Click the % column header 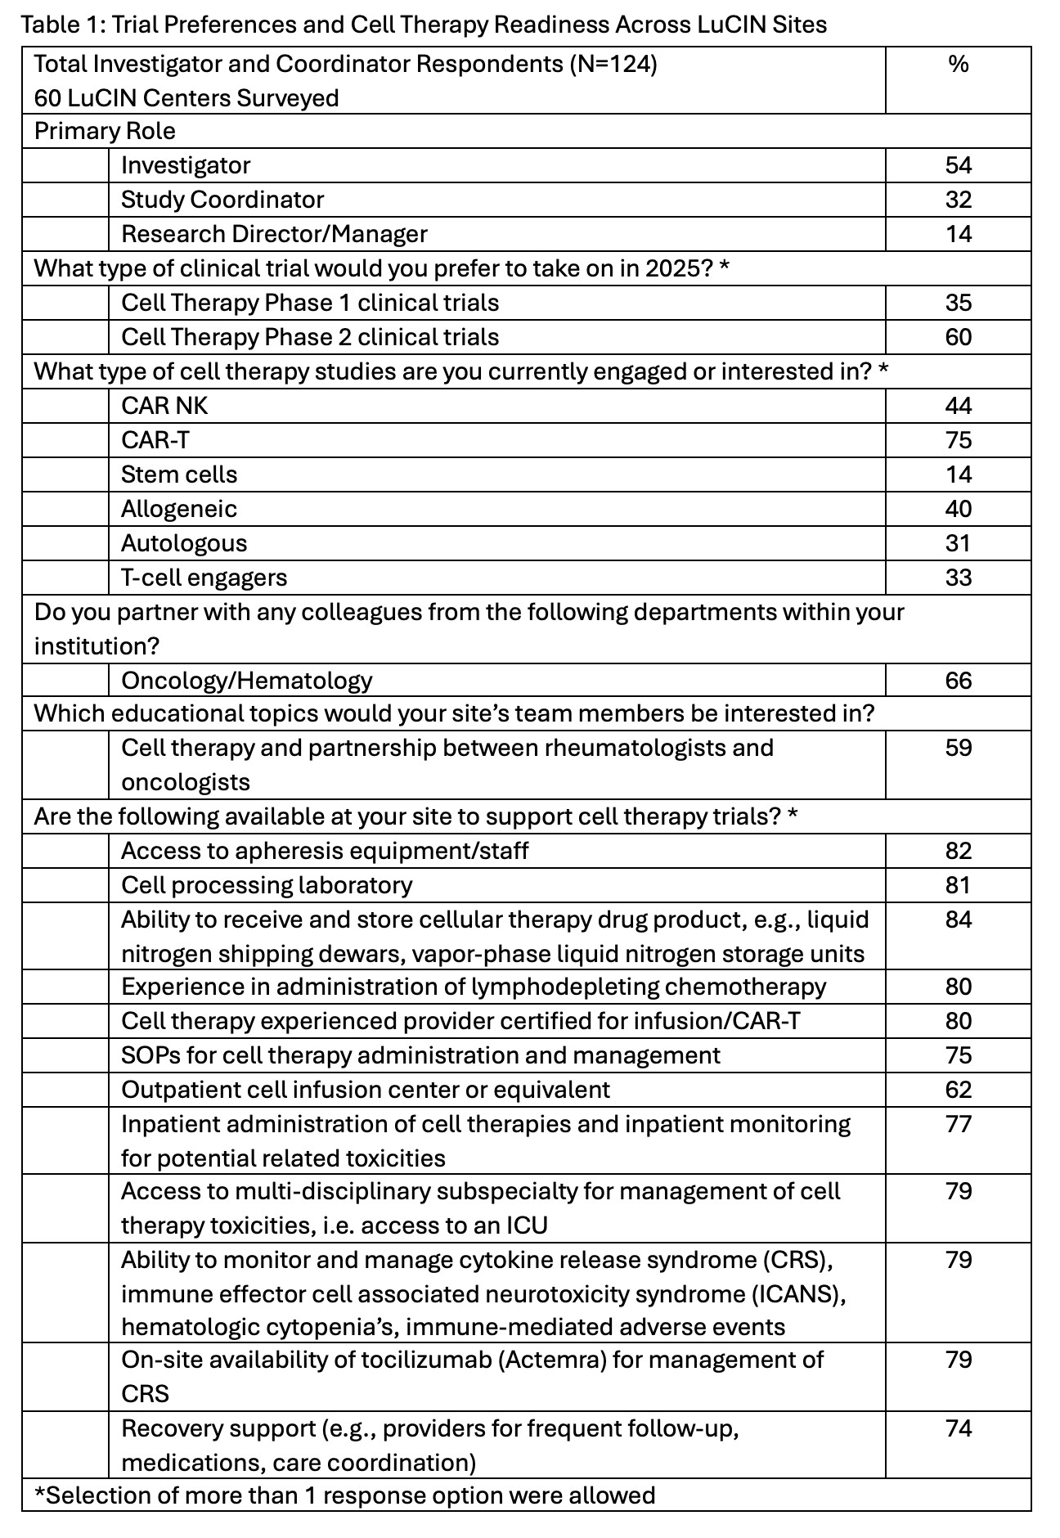point(958,64)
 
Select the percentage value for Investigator point(958,165)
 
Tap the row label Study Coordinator point(222,200)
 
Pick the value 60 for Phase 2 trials point(958,337)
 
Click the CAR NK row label point(164,406)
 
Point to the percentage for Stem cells point(958,474)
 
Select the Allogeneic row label point(179,509)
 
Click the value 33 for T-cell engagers point(958,578)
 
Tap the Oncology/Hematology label point(246,681)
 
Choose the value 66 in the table point(958,681)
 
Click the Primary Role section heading point(105,131)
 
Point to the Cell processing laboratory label point(267,885)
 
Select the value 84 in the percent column point(958,920)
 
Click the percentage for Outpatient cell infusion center point(958,1090)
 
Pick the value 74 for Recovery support point(958,1428)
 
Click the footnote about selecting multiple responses point(344,1495)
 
